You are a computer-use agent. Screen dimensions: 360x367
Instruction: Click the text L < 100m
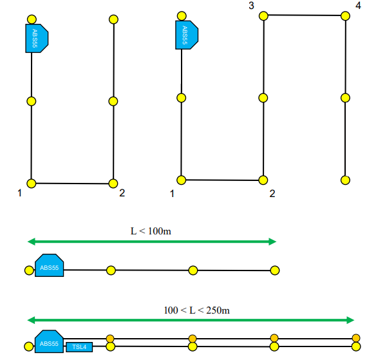point(151,231)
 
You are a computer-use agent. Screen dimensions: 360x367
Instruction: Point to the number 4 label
point(357,6)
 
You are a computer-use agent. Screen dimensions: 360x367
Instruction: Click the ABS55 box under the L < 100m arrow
point(50,267)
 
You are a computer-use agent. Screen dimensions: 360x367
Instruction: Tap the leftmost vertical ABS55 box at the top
point(36,38)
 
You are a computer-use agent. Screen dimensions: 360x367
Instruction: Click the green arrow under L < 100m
point(151,242)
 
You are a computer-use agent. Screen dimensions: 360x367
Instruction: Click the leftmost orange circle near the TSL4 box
point(110,339)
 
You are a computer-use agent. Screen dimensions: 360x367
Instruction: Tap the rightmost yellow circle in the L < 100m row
point(275,270)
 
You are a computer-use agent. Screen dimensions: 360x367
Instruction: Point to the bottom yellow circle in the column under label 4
point(345,180)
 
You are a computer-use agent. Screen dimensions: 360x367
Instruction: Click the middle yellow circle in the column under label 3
point(263,98)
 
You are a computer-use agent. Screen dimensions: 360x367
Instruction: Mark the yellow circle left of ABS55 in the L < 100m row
point(28,270)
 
